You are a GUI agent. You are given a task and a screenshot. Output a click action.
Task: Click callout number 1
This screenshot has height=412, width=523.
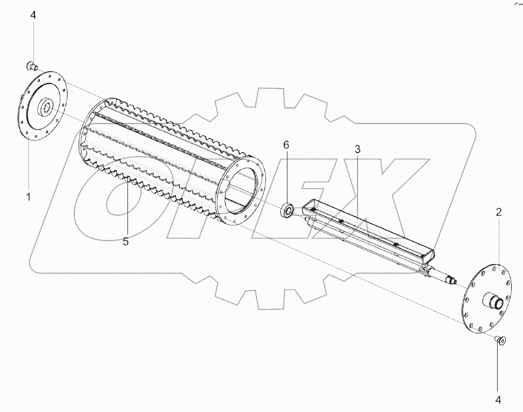28,197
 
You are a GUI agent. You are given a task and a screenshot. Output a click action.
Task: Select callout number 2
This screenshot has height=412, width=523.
499,212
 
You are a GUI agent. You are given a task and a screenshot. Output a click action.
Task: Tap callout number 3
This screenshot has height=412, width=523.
357,150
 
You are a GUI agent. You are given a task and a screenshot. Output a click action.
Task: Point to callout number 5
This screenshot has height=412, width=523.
125,241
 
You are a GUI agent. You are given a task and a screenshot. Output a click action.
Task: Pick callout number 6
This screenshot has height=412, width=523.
286,145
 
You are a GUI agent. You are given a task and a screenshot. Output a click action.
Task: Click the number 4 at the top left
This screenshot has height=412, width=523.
33,15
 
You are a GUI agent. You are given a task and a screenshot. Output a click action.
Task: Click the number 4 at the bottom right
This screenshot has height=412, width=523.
498,400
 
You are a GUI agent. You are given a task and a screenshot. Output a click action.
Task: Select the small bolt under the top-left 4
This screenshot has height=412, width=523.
32,66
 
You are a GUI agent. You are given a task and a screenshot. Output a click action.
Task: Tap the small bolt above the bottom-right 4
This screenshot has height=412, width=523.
500,340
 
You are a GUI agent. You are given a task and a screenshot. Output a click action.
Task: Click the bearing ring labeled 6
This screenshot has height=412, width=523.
287,210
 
